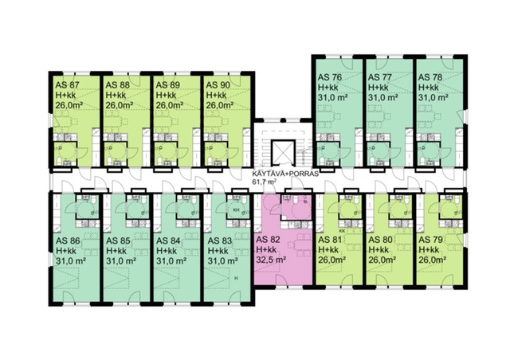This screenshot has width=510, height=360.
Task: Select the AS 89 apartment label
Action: [x=168, y=84]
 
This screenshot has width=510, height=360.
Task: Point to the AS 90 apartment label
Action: [x=218, y=84]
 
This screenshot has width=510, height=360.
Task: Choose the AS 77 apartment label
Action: [x=382, y=77]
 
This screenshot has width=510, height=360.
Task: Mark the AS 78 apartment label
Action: [x=432, y=77]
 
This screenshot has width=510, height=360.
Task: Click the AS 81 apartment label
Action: [x=330, y=238]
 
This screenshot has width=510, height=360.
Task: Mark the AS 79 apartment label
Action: [x=432, y=238]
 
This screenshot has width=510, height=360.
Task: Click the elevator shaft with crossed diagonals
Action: [x=281, y=151]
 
